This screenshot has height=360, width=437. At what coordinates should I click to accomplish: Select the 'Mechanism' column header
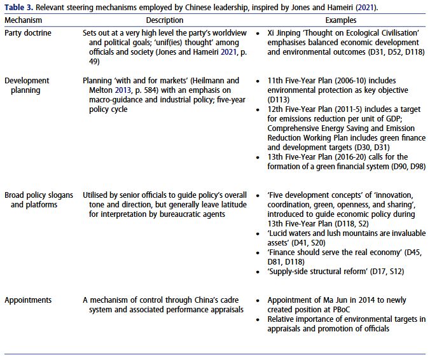[24, 20]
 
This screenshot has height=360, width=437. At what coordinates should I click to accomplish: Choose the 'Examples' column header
[341, 20]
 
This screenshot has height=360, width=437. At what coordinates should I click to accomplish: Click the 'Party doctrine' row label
[28, 32]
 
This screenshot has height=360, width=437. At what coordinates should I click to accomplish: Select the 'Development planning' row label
[27, 85]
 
